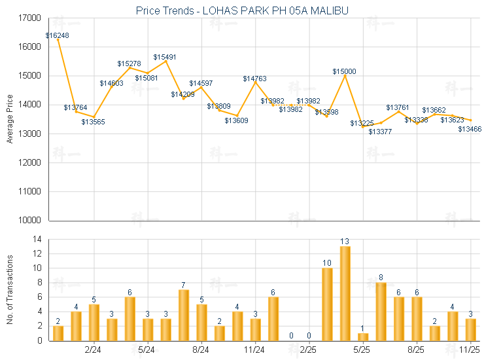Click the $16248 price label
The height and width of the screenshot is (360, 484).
pos(58,35)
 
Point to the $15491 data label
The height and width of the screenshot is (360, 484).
pos(165,57)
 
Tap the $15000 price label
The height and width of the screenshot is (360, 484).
pos(344,71)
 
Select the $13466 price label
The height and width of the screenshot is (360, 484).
pos(470,129)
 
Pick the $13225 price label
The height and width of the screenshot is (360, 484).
pos(362,123)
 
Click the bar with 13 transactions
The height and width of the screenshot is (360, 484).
pos(345,293)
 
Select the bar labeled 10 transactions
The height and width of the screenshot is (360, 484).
pos(327,304)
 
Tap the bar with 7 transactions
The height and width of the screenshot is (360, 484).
pos(184,315)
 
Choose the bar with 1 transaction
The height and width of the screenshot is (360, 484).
pos(363,336)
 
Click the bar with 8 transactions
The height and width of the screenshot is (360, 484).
pos(381,311)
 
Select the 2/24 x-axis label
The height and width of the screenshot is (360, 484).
pos(93,350)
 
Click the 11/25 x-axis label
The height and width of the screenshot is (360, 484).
pos(470,350)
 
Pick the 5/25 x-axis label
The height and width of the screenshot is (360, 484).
pos(362,350)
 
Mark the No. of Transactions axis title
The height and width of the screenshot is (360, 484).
pos(9,289)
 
